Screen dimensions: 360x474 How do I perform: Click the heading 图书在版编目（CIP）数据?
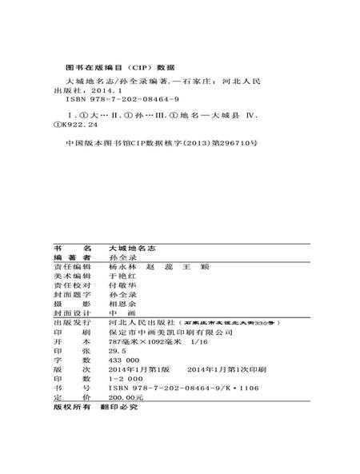[117, 67]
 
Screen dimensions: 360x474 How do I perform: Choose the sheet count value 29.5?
[117, 350]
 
